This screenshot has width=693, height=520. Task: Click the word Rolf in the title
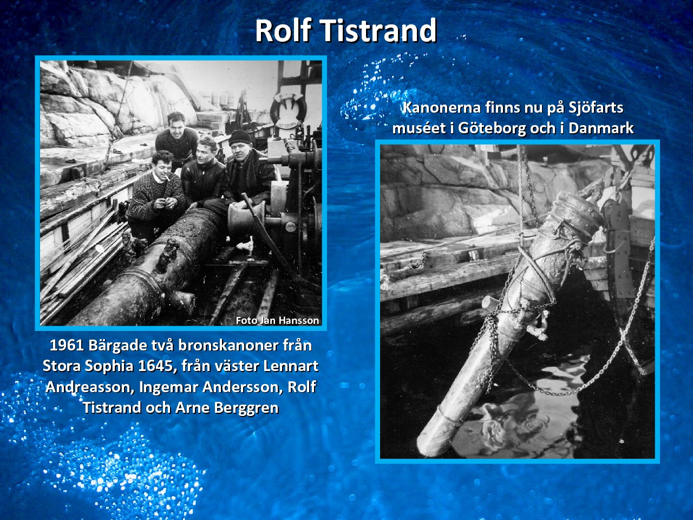click(284, 30)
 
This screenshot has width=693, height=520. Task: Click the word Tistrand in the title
click(379, 30)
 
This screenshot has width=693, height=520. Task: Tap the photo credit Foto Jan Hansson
click(277, 321)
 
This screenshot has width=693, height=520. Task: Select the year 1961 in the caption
click(67, 346)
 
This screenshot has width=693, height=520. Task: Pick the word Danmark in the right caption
click(601, 128)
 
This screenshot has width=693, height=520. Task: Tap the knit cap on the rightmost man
click(240, 138)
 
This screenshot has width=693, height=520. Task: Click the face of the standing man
click(176, 128)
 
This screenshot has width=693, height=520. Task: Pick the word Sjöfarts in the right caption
click(596, 108)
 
